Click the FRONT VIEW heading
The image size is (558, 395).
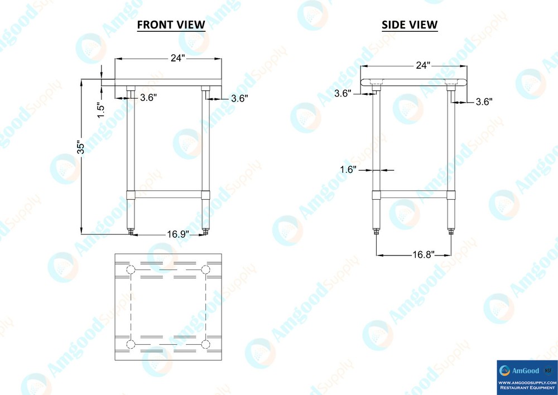click(x=171, y=25)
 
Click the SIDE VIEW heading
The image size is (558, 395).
click(x=410, y=25)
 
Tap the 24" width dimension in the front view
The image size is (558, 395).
click(x=177, y=58)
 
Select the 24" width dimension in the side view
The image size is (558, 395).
click(x=423, y=65)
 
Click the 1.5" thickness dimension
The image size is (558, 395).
click(x=101, y=110)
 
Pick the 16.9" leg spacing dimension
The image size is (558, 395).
click(x=178, y=234)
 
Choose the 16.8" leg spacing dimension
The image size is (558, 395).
click(x=423, y=255)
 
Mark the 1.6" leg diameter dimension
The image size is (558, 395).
click(x=348, y=170)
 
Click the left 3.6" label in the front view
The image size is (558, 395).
click(x=148, y=98)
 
